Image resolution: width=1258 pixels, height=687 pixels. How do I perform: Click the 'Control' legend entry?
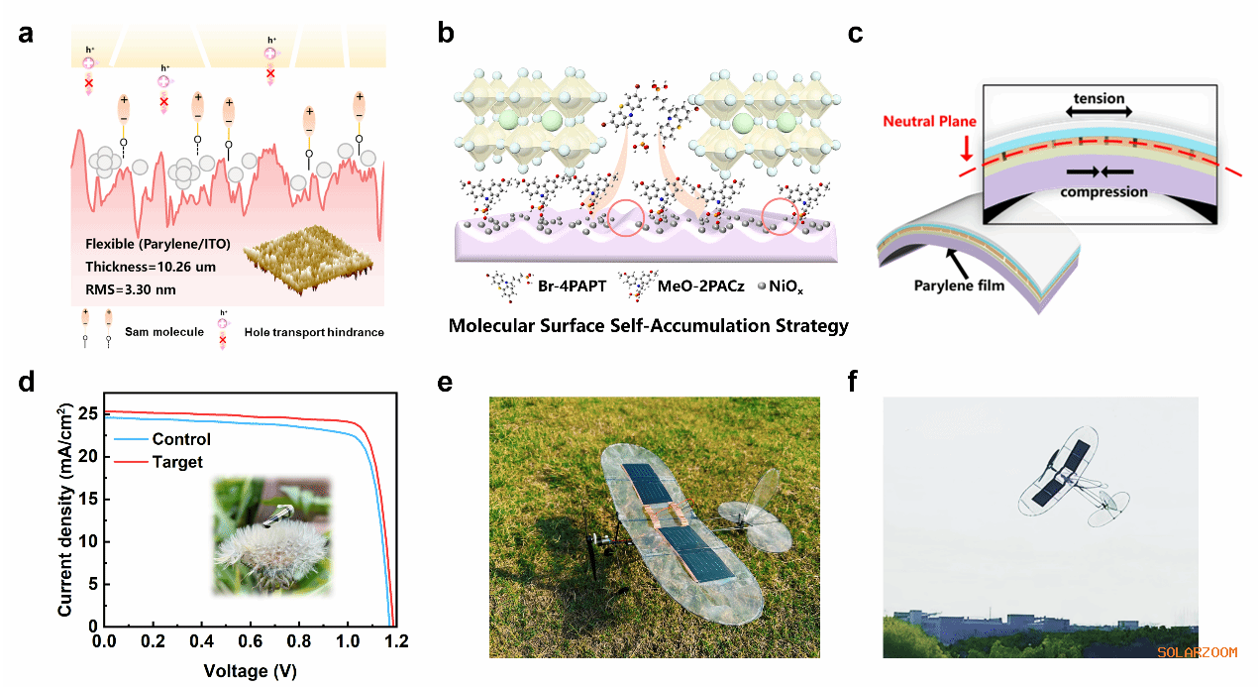click(x=181, y=440)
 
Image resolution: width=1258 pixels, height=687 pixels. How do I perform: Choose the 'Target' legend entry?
click(x=177, y=462)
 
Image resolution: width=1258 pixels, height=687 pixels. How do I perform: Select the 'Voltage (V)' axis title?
click(x=250, y=670)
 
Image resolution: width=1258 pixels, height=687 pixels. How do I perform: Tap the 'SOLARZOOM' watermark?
click(x=1197, y=651)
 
